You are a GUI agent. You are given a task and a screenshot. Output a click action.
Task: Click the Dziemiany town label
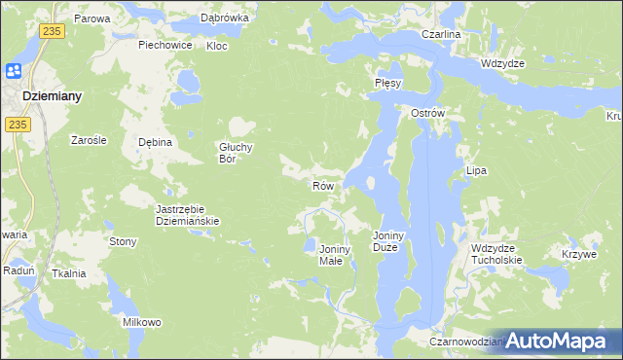pyautogui.click(x=51, y=96)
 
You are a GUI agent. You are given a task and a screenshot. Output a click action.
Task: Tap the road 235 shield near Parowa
pyautogui.click(x=54, y=32)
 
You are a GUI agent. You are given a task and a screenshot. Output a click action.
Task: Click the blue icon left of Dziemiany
pyautogui.click(x=14, y=72)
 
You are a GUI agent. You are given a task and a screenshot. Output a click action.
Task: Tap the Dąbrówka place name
pyautogui.click(x=225, y=18)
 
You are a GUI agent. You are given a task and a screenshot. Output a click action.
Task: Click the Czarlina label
pyautogui.click(x=440, y=34)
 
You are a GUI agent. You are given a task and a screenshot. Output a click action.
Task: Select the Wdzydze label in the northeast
pyautogui.click(x=502, y=62)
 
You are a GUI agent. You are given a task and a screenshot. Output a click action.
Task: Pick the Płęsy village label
pyautogui.click(x=387, y=84)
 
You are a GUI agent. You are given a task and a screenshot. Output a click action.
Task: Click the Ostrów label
pyautogui.click(x=427, y=113)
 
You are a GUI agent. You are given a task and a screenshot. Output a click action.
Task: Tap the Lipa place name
pyautogui.click(x=476, y=170)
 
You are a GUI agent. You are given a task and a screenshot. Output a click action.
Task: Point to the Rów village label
pyautogui.click(x=323, y=185)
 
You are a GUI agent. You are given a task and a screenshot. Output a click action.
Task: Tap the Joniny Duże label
pyautogui.click(x=393, y=241)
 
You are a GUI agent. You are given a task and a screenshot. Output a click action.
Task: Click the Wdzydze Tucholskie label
pyautogui.click(x=496, y=254)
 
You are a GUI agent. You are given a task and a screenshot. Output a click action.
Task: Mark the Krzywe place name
pyautogui.click(x=578, y=254)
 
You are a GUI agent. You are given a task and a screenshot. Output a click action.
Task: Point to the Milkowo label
pyautogui.click(x=141, y=322)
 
